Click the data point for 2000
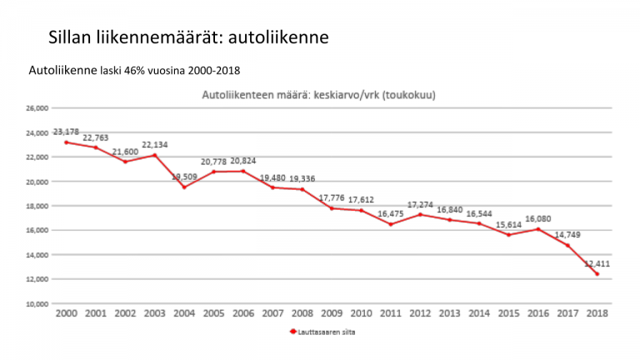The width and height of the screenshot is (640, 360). pyautogui.click(x=66, y=142)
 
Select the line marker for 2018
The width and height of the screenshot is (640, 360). pyautogui.click(x=597, y=273)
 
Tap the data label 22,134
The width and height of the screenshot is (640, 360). pyautogui.click(x=155, y=145)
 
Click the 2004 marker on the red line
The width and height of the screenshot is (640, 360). pyautogui.click(x=184, y=187)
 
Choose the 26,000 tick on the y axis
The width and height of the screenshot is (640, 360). pyautogui.click(x=37, y=108)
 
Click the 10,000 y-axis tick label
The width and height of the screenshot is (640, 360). pyautogui.click(x=37, y=304)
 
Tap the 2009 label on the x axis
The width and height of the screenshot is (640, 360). pyautogui.click(x=332, y=313)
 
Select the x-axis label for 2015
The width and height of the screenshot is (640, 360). pyautogui.click(x=508, y=313)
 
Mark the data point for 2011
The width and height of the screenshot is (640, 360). pyautogui.click(x=390, y=224)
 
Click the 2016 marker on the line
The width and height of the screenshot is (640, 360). pyautogui.click(x=537, y=229)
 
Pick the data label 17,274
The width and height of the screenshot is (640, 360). pyautogui.click(x=420, y=204)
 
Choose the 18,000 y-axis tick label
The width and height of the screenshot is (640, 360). pyautogui.click(x=37, y=206)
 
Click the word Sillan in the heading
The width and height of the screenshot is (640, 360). pyautogui.click(x=72, y=37)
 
